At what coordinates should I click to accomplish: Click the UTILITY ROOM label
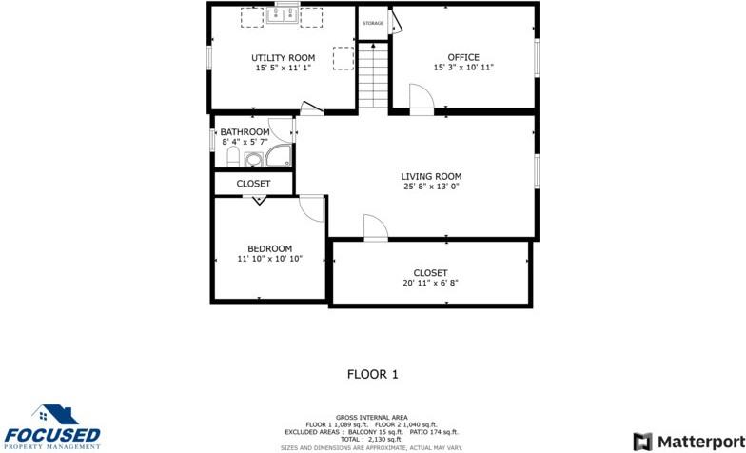coord(283,58)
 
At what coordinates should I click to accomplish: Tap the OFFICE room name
coord(463,57)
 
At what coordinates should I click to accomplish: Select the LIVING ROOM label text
coord(431,176)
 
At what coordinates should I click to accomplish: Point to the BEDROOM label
coord(269,248)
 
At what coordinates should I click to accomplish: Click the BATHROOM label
coord(245,132)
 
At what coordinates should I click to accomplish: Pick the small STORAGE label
coord(373,23)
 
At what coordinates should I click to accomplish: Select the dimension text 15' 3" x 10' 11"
coord(463,69)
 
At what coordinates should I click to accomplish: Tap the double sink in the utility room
coord(285,14)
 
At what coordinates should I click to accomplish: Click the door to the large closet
coord(376,228)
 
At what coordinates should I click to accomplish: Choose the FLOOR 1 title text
coord(372,374)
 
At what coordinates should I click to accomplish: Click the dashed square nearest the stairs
coord(343,58)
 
